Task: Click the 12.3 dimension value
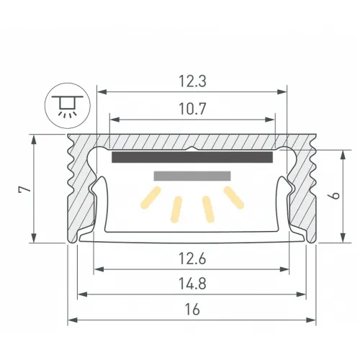tap(192, 81)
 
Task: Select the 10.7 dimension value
tap(192, 109)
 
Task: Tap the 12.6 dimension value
tap(192, 259)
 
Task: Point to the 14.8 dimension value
tap(192, 284)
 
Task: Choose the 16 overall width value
tap(192, 309)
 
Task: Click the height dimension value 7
tap(25, 189)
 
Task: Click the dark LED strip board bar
tap(192, 157)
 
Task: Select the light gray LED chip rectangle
tap(192, 176)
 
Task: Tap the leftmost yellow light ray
tap(150, 197)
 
